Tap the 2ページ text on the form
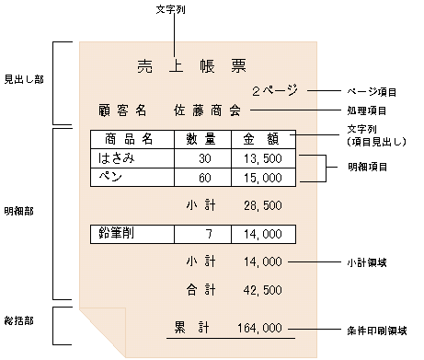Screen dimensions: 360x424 [x=273, y=92]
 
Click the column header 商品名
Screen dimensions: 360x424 [x=129, y=140]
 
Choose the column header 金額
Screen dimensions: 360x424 [x=260, y=140]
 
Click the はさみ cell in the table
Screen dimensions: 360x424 [x=117, y=158]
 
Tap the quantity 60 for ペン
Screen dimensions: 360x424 [x=204, y=177]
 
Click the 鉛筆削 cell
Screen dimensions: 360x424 [x=118, y=234]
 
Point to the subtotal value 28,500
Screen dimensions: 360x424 [x=263, y=203]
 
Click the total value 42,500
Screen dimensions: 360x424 [x=263, y=290]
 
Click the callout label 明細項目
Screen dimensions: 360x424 [x=367, y=167]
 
